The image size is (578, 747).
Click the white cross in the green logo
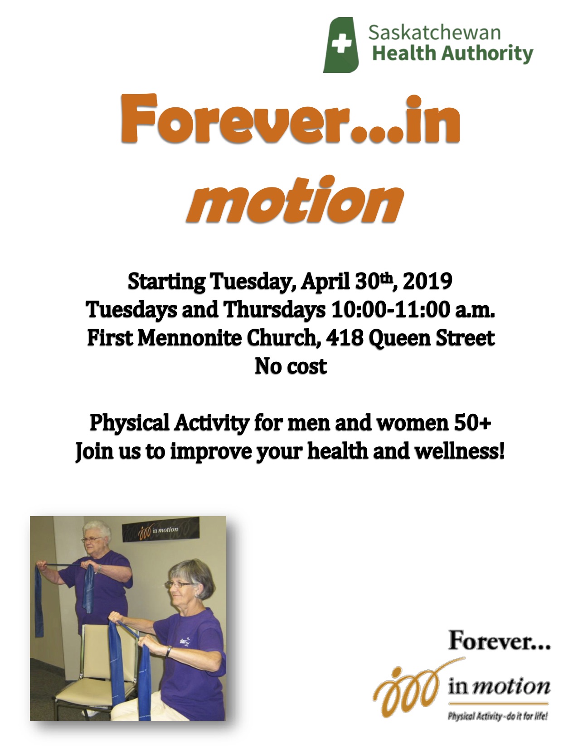[x=341, y=44]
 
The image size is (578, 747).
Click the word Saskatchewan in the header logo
[x=434, y=33]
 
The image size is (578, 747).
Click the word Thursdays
[x=274, y=310]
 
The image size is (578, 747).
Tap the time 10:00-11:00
[x=390, y=309]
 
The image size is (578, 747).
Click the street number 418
[x=345, y=338]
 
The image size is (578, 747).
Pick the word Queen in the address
[x=399, y=339]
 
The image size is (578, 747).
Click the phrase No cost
[x=291, y=366]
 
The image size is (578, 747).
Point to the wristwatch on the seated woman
[x=168, y=651]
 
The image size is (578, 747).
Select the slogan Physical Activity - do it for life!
[x=497, y=716]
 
